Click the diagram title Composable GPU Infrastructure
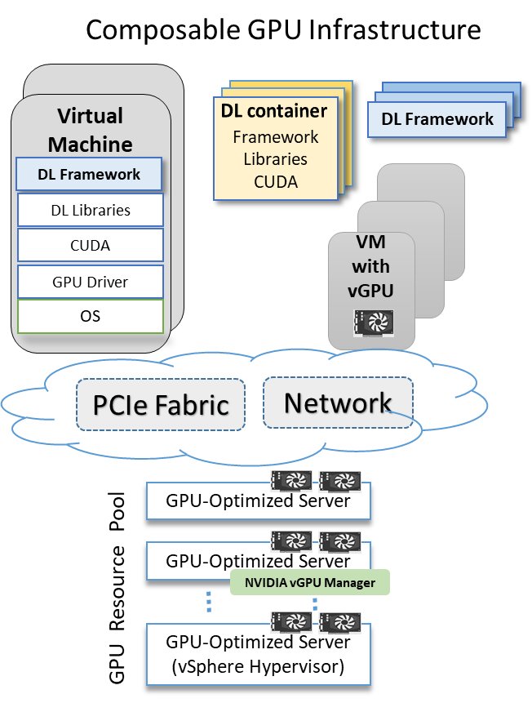pyautogui.click(x=283, y=30)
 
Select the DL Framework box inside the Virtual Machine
pyautogui.click(x=90, y=174)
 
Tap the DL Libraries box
pyautogui.click(x=90, y=210)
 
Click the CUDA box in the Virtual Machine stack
pyautogui.click(x=90, y=245)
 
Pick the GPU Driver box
pyautogui.click(x=90, y=282)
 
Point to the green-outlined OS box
pyautogui.click(x=90, y=316)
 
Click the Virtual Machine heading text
pyautogui.click(x=90, y=130)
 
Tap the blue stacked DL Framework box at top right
pyautogui.click(x=437, y=119)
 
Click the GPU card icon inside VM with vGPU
pyautogui.click(x=371, y=323)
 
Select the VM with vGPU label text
pyautogui.click(x=371, y=266)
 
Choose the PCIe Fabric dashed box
pyautogui.click(x=161, y=404)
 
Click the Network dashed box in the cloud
pyautogui.click(x=337, y=403)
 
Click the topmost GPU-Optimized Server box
pyautogui.click(x=258, y=500)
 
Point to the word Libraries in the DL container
pyautogui.click(x=275, y=158)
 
